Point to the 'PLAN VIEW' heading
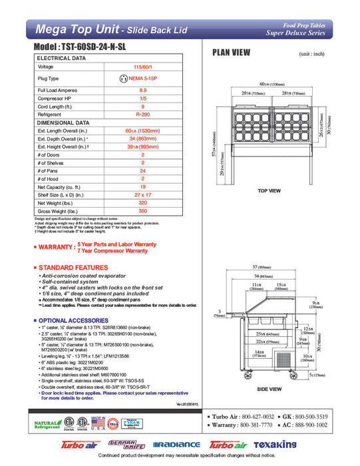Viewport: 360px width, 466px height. (x=231, y=52)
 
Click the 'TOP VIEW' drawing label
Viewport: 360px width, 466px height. (x=269, y=191)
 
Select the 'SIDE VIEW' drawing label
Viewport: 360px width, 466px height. (x=268, y=388)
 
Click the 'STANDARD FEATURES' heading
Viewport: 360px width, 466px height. (x=74, y=268)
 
